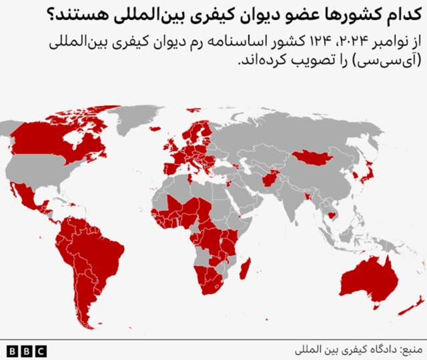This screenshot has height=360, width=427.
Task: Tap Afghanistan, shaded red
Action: (x=272, y=179)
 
